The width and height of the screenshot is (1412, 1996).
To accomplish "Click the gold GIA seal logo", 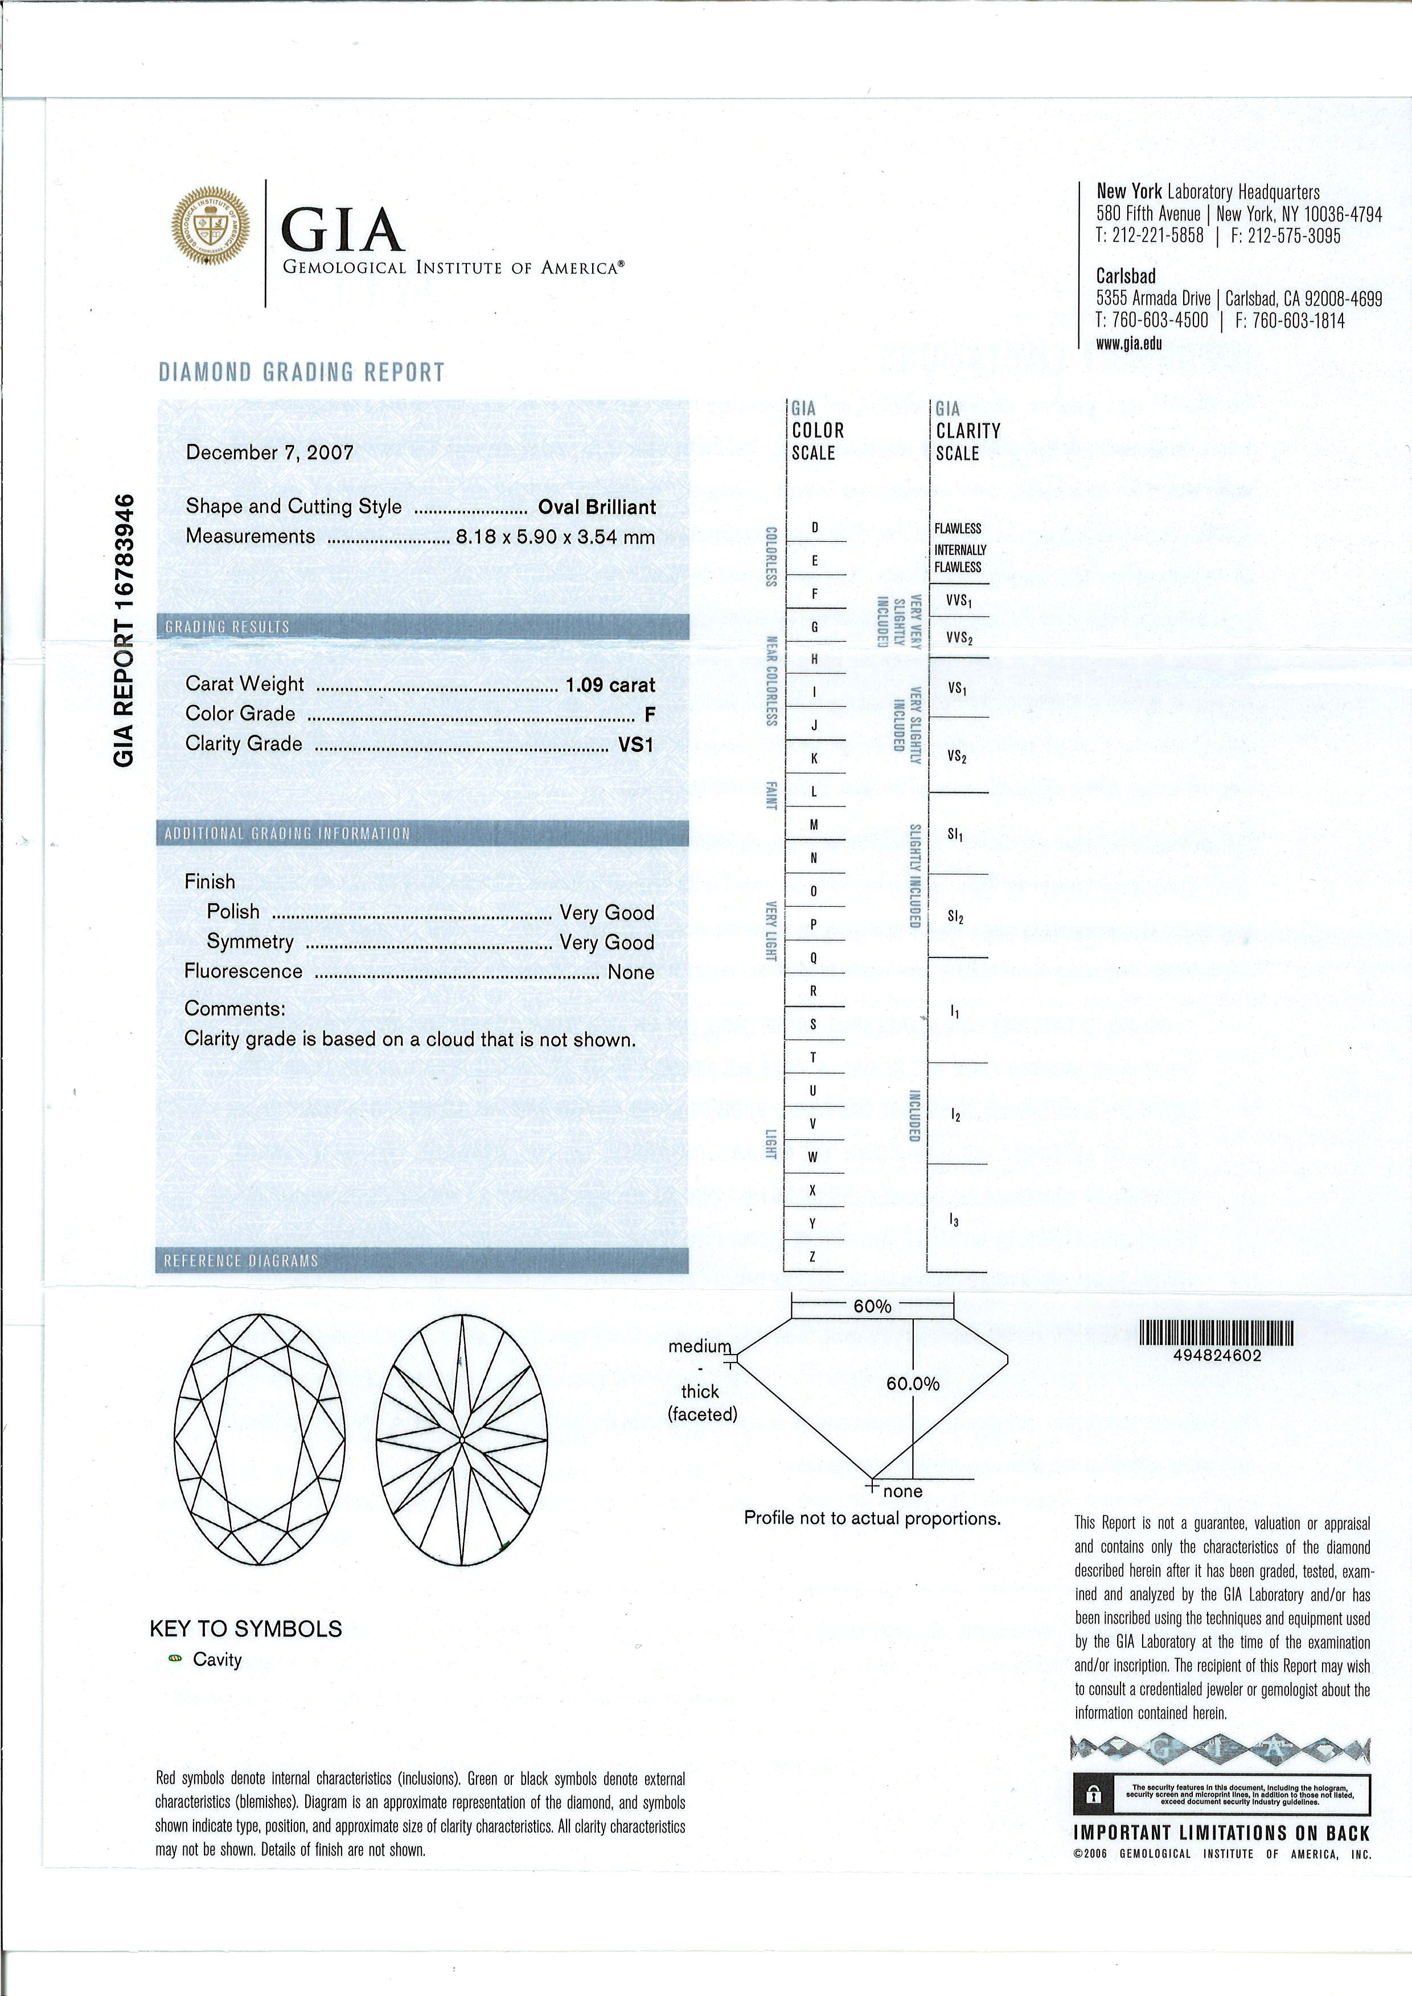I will [210, 224].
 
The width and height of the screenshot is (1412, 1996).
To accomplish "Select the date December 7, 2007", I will [269, 452].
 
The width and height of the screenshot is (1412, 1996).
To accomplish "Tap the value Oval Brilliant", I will [597, 507].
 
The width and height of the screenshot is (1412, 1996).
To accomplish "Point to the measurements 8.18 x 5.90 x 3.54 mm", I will [555, 536].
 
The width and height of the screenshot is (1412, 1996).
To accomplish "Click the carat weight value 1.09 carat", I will [609, 685].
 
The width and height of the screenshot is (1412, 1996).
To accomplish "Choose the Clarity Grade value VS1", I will [635, 744].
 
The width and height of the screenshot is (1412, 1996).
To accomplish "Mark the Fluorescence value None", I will [630, 972].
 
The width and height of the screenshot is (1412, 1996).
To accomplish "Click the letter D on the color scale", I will [815, 528].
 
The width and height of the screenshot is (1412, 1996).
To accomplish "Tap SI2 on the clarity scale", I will [955, 917].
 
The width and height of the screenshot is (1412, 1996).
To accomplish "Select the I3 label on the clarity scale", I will [955, 1221].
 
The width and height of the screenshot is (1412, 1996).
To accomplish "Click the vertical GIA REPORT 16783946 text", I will [124, 629].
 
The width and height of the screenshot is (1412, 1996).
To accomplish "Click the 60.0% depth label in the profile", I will [912, 1384].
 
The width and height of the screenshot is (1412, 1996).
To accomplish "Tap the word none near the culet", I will [902, 1491].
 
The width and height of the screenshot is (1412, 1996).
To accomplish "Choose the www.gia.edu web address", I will [1128, 343].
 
